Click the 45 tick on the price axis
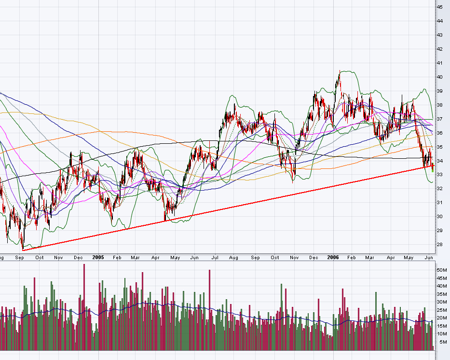point(440,7)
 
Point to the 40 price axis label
point(440,77)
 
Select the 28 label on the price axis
point(440,244)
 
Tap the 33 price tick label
point(440,174)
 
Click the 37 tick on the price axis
point(440,119)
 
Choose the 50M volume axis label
point(442,270)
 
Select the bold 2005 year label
point(99,258)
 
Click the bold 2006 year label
point(332,258)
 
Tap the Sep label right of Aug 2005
point(255,258)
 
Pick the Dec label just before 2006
point(314,258)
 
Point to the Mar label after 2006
point(370,258)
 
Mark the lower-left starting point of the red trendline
point(23,249)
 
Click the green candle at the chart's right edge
point(433,167)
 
